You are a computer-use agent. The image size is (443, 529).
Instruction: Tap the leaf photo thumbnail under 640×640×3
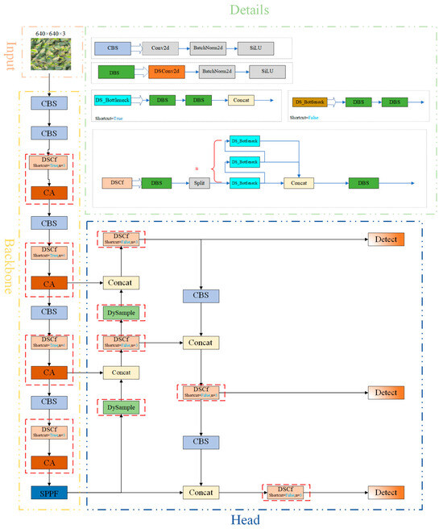(x=49, y=56)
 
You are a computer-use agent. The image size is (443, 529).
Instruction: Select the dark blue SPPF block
(x=49, y=491)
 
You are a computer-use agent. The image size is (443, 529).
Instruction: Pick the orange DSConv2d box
(x=167, y=72)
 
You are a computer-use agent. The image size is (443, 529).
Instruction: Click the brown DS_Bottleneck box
(x=308, y=102)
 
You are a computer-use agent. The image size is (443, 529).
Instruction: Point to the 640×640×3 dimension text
(x=49, y=33)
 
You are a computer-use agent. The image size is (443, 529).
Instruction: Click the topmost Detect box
(x=385, y=240)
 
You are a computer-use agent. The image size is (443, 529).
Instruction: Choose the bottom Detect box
(x=385, y=491)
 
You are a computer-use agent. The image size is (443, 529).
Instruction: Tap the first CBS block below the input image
(x=49, y=103)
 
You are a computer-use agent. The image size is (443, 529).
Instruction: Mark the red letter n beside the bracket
(x=197, y=168)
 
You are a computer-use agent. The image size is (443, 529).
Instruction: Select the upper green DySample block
(x=120, y=312)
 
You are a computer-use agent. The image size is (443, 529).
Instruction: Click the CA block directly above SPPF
(x=49, y=463)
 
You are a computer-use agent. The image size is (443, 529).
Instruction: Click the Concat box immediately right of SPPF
(x=201, y=491)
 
